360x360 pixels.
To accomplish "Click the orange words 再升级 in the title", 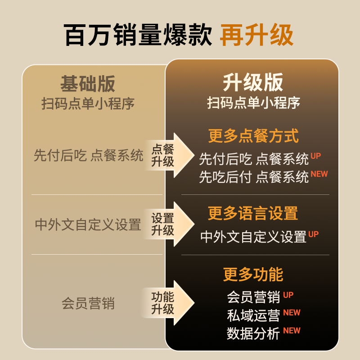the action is point(256,36).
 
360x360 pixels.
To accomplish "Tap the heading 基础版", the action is point(88,84).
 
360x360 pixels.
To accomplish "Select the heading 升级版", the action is point(253,83).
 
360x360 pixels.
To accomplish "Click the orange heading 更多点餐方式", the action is point(253,136).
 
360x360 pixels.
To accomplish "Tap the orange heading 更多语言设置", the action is point(253,213).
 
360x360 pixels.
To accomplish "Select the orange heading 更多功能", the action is point(253,274).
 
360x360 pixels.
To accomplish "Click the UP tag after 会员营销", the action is point(288,295).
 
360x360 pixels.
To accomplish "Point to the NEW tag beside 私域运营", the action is point(292,313).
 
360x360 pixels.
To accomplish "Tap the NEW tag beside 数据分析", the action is point(292,331).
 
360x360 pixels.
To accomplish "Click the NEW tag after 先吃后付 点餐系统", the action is point(319,174).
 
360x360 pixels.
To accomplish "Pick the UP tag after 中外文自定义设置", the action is point(313,234).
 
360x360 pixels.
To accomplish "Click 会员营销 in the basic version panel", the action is point(88,303).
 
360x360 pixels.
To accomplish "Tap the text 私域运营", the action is point(253,315).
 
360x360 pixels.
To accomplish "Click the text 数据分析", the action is point(253,333).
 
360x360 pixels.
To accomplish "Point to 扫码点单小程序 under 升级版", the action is point(253,103).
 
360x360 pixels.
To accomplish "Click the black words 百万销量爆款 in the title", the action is point(138,36).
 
